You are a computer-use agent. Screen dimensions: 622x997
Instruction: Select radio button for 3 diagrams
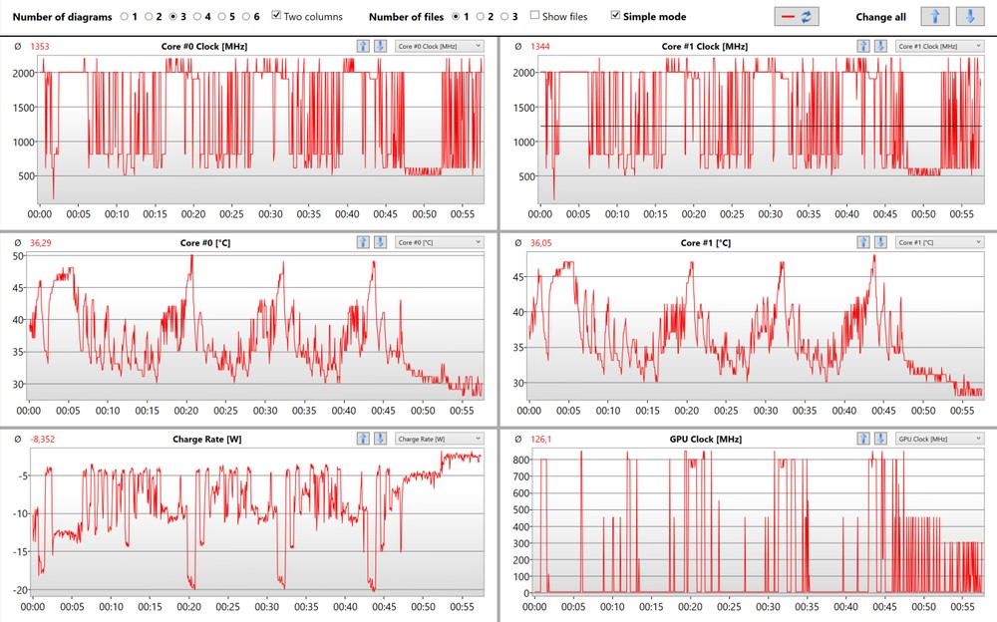pos(173,16)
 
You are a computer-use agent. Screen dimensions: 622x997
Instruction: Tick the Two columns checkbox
pos(277,16)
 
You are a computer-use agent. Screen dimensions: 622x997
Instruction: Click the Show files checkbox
pos(535,16)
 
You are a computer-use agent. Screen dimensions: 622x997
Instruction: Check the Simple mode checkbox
pos(615,16)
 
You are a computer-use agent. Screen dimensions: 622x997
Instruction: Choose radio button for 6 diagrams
pos(245,16)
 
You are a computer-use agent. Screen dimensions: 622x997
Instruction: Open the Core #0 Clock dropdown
pos(439,46)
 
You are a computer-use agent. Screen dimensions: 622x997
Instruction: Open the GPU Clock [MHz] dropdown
pos(937,439)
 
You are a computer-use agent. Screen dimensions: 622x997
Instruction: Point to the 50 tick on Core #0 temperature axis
pos(18,256)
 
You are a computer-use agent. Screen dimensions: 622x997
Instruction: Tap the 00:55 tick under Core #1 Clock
pos(962,214)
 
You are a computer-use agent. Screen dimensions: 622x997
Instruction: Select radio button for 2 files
pos(480,16)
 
